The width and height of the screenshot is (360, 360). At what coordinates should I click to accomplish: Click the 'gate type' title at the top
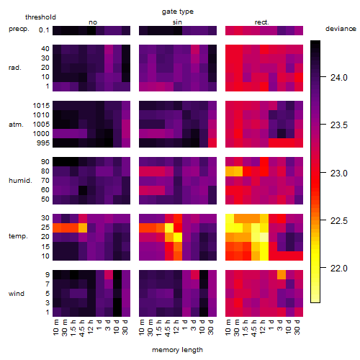(x=178, y=12)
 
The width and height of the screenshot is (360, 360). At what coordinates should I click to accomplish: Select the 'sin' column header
(x=177, y=22)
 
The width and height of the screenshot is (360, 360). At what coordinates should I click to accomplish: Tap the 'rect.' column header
(x=262, y=22)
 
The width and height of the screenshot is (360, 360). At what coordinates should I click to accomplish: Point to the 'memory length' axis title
(x=177, y=350)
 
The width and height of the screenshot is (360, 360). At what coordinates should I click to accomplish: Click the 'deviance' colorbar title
(x=341, y=29)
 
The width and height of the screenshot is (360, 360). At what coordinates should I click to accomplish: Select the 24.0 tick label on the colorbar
(x=338, y=78)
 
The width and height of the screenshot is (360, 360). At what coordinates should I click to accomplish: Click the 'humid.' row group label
(x=20, y=180)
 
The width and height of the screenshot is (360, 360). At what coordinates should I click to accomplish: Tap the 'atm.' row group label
(x=16, y=125)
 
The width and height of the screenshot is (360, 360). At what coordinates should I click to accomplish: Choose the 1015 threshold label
(x=41, y=105)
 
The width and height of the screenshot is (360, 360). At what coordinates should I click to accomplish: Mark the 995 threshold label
(x=43, y=143)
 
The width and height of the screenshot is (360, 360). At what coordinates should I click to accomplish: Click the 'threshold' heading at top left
(x=40, y=17)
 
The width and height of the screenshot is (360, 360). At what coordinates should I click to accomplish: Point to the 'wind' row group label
(x=17, y=294)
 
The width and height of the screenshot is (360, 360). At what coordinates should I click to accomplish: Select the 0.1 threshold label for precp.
(x=44, y=30)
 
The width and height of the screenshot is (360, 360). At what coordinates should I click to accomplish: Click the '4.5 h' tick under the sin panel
(x=168, y=328)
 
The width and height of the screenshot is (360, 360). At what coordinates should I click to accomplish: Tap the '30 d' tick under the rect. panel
(x=297, y=327)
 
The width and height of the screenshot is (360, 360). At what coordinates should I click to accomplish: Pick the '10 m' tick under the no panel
(x=55, y=327)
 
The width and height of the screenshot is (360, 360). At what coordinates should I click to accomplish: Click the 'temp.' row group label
(x=18, y=236)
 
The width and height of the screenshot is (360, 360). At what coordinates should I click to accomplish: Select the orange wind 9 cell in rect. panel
(x=282, y=274)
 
